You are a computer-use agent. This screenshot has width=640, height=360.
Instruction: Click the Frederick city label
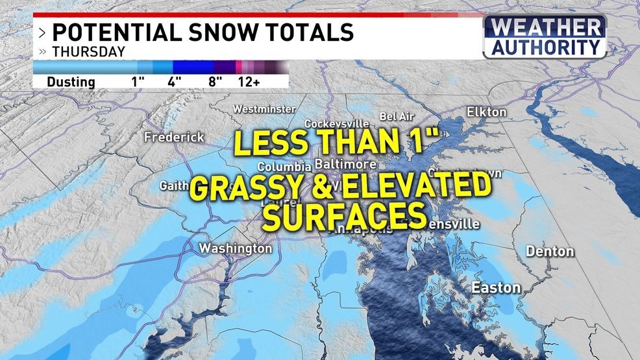(174, 138)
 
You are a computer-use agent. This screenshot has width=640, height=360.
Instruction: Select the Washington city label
(235, 248)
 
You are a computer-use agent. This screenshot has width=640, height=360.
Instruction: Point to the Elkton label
(486, 112)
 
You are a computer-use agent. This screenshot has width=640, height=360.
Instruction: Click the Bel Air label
(397, 116)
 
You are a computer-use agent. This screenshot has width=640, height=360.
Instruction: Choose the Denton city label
(550, 251)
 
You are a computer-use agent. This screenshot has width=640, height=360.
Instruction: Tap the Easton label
(496, 287)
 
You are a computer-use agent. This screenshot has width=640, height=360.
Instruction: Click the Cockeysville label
(336, 123)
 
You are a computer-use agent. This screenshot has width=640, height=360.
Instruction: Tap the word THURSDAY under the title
(88, 52)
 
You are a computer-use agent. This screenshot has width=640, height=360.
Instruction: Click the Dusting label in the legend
(71, 82)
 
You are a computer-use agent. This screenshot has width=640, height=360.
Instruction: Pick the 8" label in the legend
(215, 82)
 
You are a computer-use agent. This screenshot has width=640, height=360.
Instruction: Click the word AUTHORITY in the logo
(545, 47)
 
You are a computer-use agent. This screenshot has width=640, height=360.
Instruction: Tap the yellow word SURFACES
(344, 217)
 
